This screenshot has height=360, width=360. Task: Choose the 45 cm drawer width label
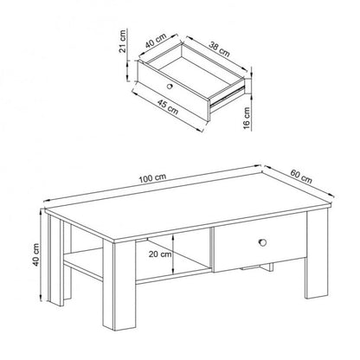click(166, 109)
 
